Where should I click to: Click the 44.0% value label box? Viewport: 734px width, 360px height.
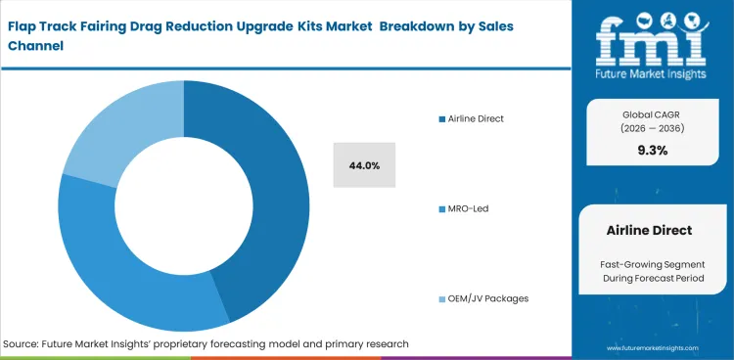tap(364, 164)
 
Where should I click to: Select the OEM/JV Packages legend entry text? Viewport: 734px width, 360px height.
tap(488, 297)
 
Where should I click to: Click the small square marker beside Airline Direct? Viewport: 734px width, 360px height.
tap(442, 119)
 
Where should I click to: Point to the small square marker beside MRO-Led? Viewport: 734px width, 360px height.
tap(442, 208)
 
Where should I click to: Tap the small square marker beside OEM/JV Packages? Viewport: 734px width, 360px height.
tap(442, 298)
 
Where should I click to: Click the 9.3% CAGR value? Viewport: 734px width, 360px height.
tap(652, 150)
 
